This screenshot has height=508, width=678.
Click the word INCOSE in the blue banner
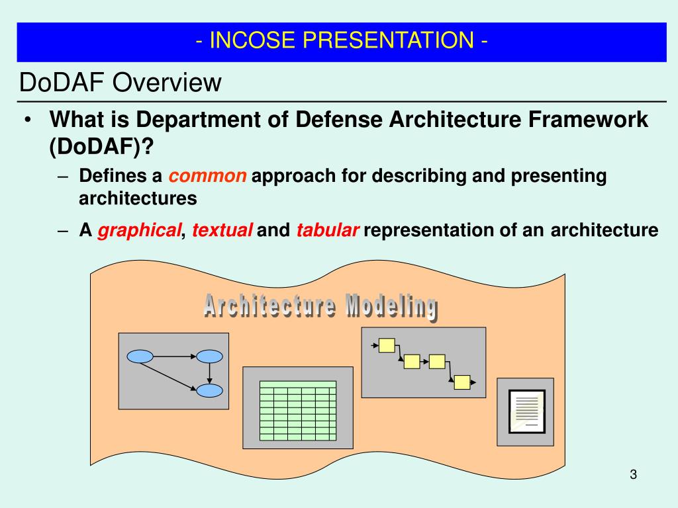point(252,40)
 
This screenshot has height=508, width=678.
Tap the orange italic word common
point(207,176)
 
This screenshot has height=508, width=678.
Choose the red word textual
point(222,230)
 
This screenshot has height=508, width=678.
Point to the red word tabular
point(328,230)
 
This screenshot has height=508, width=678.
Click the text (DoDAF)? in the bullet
point(101,146)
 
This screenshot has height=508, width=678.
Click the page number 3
point(634,474)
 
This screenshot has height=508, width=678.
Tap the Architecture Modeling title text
point(321,307)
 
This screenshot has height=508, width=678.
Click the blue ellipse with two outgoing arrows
point(140,357)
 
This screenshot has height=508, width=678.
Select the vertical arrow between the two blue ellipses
point(209,373)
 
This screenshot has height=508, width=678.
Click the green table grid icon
point(298,411)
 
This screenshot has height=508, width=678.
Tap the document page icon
point(526,411)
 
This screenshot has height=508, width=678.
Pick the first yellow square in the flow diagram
point(387,345)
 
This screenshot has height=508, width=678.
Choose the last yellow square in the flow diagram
point(462,382)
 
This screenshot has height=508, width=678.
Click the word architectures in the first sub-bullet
point(138,198)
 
